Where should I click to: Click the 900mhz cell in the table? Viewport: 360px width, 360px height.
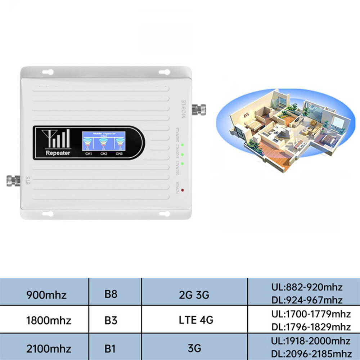click(x=46, y=295)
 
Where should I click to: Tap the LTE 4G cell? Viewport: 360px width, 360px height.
click(x=194, y=320)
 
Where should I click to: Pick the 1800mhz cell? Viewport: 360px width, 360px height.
click(x=49, y=320)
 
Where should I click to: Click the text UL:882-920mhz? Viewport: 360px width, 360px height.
click(x=307, y=288)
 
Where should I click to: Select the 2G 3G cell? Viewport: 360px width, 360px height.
click(x=194, y=295)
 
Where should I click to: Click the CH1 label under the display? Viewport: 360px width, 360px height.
click(x=89, y=154)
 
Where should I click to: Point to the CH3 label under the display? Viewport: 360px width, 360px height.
click(x=119, y=154)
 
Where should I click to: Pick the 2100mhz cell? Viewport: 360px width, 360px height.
click(x=49, y=348)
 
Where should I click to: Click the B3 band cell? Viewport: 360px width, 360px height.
click(x=111, y=320)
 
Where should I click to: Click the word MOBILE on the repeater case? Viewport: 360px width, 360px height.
click(x=184, y=109)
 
